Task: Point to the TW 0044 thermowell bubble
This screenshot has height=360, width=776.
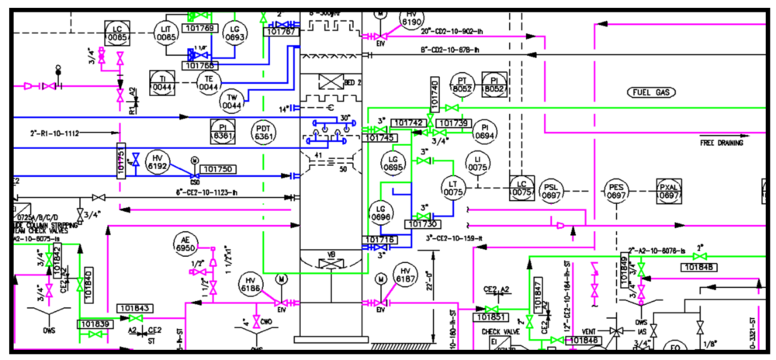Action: [231, 101]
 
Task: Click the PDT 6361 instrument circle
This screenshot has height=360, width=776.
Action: [265, 132]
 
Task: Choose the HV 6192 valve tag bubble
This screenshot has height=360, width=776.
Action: [158, 161]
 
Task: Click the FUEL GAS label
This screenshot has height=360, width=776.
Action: [653, 92]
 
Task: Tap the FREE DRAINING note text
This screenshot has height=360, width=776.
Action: [721, 143]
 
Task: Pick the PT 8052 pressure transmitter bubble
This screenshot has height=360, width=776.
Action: [462, 85]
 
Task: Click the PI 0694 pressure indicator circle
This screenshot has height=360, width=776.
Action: [484, 131]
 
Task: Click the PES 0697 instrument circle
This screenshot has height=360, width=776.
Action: [616, 192]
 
